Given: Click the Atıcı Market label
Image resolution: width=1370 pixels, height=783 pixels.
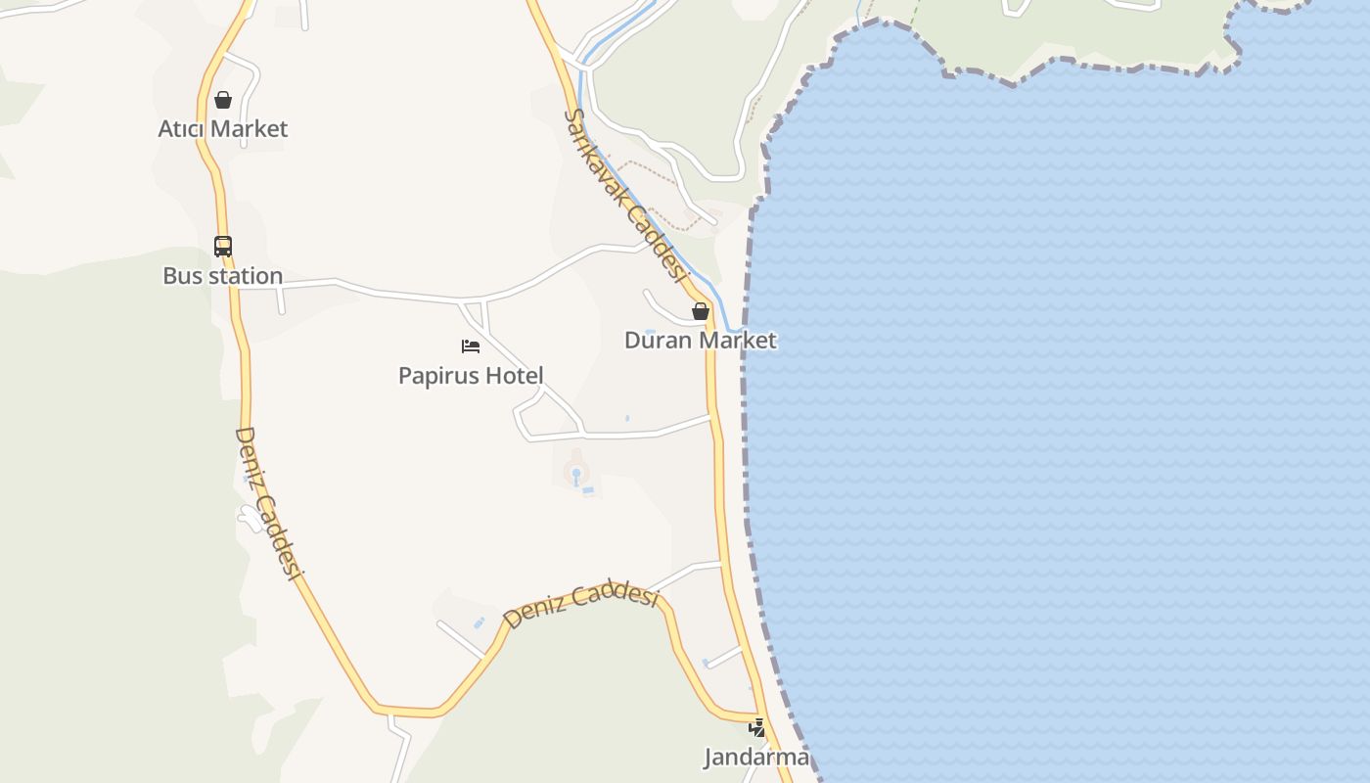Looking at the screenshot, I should (223, 129).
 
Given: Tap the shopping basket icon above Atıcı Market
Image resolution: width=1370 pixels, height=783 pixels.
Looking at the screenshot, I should (223, 100).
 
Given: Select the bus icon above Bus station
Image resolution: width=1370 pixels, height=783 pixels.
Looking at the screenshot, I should (223, 247).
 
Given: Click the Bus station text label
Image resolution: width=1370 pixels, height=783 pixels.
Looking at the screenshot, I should (223, 276).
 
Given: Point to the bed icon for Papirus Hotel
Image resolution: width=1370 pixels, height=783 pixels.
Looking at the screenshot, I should (471, 346).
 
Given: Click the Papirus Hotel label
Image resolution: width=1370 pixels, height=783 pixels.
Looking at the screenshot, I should (471, 376).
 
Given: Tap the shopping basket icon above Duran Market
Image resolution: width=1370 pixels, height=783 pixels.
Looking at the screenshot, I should (701, 311).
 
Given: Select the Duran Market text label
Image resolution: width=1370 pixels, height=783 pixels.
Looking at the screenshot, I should (701, 341).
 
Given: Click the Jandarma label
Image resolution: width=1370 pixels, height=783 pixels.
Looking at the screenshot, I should (756, 757).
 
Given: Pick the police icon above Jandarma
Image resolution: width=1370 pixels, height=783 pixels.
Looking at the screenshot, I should (756, 728).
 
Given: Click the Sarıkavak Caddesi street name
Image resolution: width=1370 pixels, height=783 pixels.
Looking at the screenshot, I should (624, 194).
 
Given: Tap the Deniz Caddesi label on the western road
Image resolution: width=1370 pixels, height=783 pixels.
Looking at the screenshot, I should (265, 503).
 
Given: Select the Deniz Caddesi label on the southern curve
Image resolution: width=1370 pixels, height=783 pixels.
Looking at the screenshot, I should (580, 601).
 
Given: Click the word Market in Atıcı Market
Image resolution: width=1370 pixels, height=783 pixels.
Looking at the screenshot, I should (250, 129).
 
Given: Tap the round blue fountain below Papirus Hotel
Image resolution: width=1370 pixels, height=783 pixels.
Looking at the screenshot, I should (576, 475).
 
